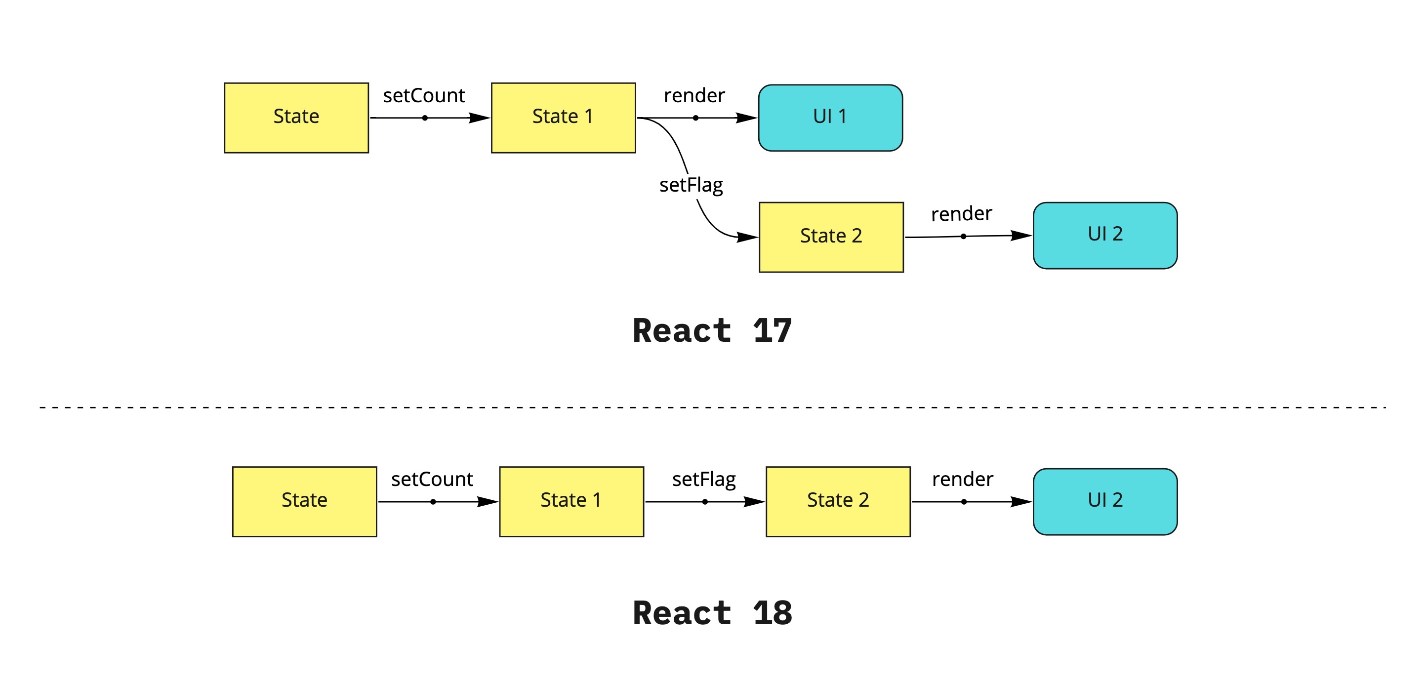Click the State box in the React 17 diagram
click(296, 118)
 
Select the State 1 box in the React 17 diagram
click(563, 118)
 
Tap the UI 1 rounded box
click(830, 118)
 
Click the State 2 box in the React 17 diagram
click(831, 237)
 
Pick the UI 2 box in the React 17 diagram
click(1105, 235)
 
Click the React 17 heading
click(712, 331)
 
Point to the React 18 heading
click(712, 613)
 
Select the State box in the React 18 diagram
click(304, 501)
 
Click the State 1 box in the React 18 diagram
click(571, 501)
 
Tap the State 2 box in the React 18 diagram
click(838, 501)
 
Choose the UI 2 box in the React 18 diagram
click(1105, 501)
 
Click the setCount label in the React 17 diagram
click(423, 96)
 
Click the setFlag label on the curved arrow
click(691, 185)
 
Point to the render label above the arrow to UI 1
click(694, 96)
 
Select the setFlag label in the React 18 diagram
click(703, 479)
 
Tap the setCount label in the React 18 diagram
click(432, 479)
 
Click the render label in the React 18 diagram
click(962, 479)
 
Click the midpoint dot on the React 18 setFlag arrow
click(705, 502)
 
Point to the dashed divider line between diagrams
click(712, 407)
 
